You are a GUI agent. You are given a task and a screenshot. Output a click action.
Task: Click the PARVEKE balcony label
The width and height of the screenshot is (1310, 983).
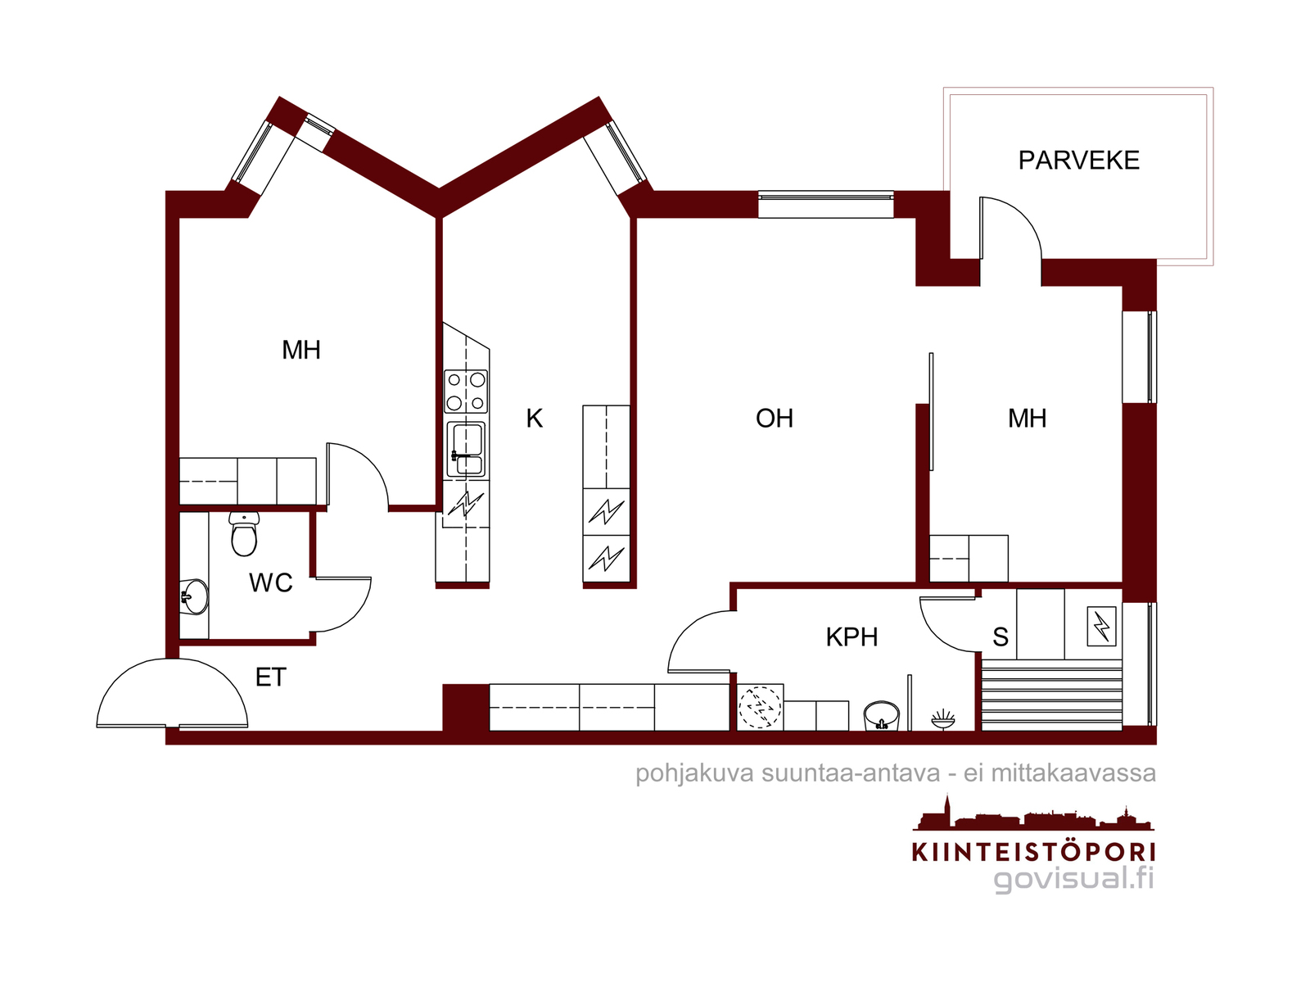[1078, 160]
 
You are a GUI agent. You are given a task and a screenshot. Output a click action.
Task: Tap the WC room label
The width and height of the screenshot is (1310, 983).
[271, 582]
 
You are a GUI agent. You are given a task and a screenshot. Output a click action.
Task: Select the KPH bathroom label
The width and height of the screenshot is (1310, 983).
[851, 637]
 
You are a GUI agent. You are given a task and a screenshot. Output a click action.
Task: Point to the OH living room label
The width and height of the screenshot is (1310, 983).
[774, 419]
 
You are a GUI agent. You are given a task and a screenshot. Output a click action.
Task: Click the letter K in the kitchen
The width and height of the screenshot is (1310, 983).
[534, 419]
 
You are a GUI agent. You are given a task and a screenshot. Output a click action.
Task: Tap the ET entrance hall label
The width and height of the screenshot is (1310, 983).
[271, 677]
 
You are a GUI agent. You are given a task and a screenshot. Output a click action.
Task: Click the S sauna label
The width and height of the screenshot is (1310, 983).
[1001, 637]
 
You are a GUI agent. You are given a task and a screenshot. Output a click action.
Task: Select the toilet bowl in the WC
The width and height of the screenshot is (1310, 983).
[243, 533]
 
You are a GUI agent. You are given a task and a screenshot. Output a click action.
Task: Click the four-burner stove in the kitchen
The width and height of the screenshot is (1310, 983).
[466, 392]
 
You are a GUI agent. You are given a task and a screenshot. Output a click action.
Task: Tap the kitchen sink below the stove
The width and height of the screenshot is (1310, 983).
[466, 448]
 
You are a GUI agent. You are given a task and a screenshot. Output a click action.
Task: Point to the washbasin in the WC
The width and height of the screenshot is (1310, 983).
[195, 596]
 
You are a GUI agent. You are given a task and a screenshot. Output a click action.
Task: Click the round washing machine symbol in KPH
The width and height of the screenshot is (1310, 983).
[760, 707]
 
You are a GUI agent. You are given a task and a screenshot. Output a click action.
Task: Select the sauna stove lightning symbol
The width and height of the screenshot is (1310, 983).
[1102, 627]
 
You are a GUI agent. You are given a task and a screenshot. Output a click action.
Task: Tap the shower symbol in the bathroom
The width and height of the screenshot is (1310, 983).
[943, 719]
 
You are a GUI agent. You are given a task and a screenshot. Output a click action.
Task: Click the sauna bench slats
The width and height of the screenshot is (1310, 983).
[1051, 695]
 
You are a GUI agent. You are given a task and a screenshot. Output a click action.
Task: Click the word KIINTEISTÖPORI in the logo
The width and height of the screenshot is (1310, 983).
[1033, 852]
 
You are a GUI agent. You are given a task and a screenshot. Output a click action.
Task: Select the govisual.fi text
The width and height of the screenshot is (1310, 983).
[1073, 879]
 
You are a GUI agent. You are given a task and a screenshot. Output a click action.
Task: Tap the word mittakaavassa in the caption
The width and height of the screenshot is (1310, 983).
[1073, 773]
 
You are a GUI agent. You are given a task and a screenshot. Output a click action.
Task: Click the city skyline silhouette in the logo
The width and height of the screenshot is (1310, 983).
[1033, 814]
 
